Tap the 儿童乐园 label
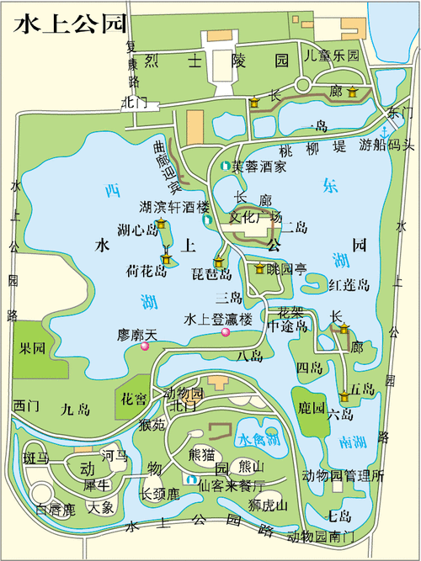pos(332,57)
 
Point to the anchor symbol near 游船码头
pos(385,132)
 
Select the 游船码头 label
pos(387,145)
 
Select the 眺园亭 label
pos(287,269)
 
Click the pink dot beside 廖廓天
pos(145,346)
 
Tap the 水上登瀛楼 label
pos(218,319)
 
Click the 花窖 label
pos(134,398)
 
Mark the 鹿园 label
pos(312,409)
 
